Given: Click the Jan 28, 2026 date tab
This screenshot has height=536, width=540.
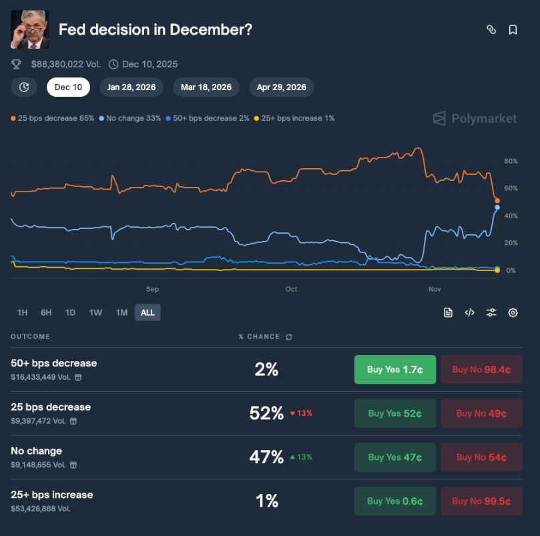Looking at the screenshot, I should [x=132, y=87].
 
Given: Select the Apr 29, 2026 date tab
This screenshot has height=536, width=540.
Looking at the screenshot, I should [x=282, y=87].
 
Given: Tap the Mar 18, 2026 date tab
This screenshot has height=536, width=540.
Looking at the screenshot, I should [x=206, y=87].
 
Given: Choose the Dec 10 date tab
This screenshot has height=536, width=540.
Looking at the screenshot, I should [x=68, y=87].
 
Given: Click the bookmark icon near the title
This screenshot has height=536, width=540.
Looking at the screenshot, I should [x=513, y=29].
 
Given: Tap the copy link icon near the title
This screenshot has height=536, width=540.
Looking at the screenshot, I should [x=491, y=29].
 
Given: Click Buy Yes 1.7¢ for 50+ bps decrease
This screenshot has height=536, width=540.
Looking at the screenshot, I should [x=395, y=369].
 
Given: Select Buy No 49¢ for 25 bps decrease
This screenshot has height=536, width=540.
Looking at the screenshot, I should [x=481, y=413].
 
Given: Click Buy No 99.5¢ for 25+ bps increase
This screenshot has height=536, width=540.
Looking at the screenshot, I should [x=481, y=501].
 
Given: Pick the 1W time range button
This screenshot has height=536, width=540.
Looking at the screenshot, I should [x=95, y=312].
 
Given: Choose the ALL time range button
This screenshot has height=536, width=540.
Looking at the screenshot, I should [x=148, y=312].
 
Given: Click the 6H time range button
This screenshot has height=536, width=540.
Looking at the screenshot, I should [x=46, y=312].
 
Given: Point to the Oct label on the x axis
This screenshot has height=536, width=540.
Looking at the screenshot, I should [x=291, y=289].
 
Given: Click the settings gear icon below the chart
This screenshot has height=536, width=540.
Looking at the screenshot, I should [x=513, y=312].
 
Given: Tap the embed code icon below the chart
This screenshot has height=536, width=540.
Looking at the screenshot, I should [x=470, y=312].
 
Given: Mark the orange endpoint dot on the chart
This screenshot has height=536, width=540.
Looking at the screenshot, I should [x=497, y=200].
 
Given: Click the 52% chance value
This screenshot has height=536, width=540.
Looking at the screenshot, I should [x=266, y=413].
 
